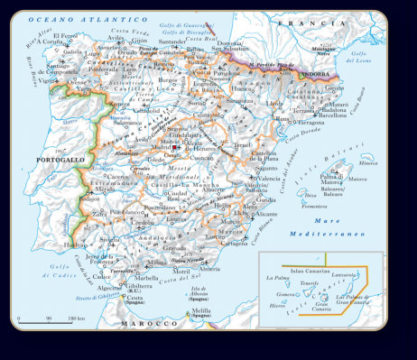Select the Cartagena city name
click(x=234, y=243)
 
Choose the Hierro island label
click(x=281, y=306)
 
